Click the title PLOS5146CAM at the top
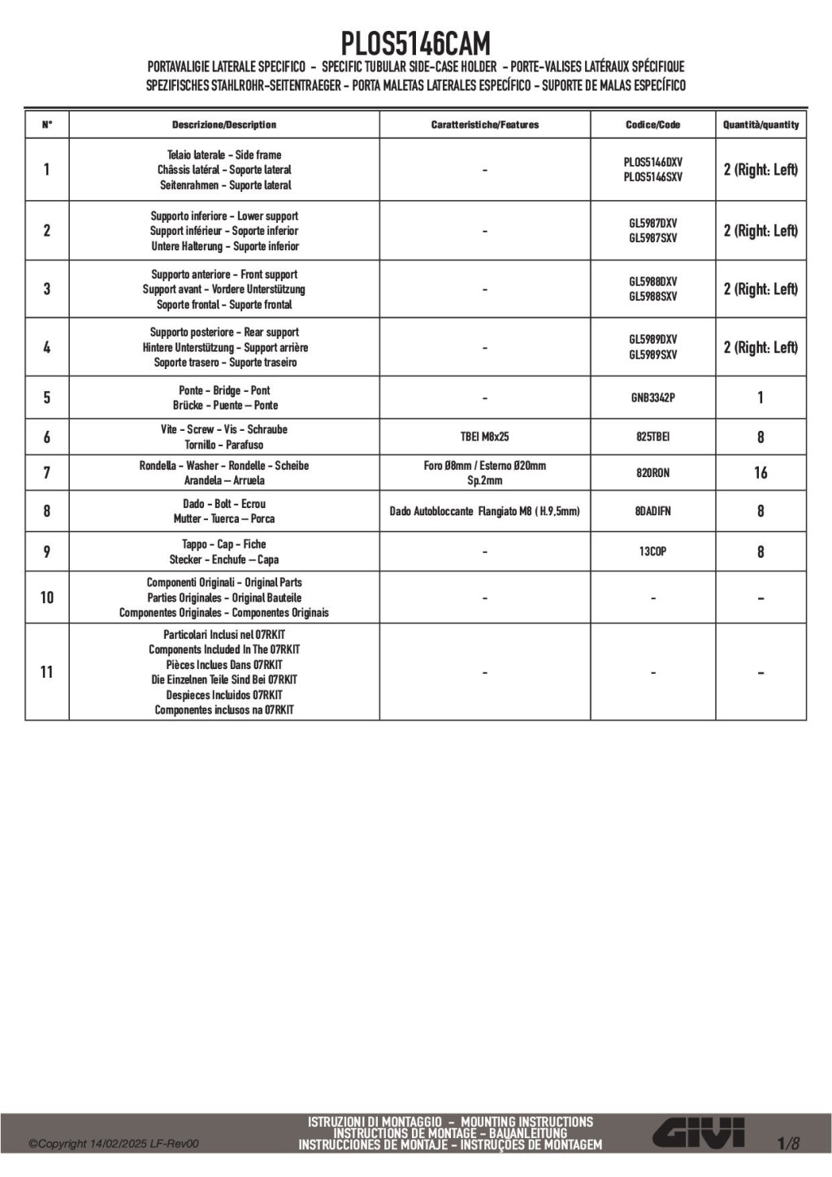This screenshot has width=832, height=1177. click(x=415, y=42)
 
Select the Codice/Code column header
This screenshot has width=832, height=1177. click(x=652, y=124)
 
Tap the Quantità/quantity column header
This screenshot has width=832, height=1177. click(x=760, y=124)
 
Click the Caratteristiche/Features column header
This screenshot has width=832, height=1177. click(x=484, y=124)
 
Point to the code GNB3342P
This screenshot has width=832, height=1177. click(x=652, y=397)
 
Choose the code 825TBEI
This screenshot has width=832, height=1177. click(x=652, y=436)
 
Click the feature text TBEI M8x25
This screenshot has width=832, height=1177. click(x=484, y=436)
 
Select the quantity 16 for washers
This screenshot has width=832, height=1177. click(x=760, y=472)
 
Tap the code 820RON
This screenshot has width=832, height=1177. click(x=652, y=472)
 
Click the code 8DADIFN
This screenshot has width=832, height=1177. click(x=652, y=511)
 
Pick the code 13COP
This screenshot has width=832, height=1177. click(x=652, y=551)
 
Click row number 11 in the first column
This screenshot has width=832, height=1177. click(x=46, y=672)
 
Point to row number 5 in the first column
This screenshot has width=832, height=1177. click(x=46, y=397)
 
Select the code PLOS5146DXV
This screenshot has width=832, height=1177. click(x=652, y=162)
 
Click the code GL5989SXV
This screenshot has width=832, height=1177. click(x=652, y=354)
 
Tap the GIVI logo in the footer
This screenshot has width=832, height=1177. click(x=700, y=1132)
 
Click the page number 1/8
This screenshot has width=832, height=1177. click(x=787, y=1144)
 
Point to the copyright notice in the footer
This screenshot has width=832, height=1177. click(x=114, y=1144)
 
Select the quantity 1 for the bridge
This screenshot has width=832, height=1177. click(x=760, y=397)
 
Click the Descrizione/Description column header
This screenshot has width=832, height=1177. click(x=223, y=124)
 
